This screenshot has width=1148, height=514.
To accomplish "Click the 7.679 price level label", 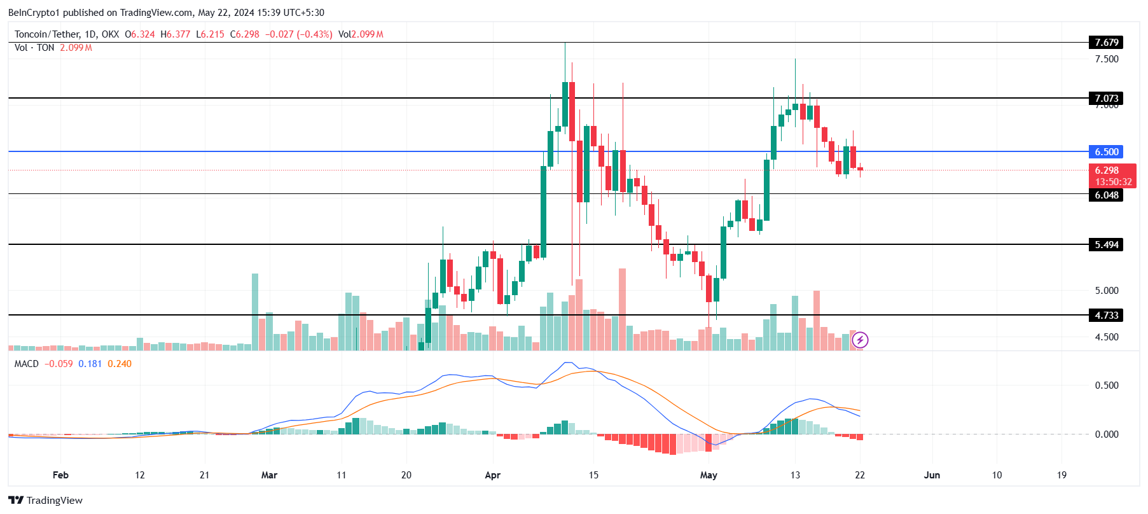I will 1106,43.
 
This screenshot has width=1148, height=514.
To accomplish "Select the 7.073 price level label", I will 1106,98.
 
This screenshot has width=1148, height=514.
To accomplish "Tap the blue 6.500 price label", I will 1106,152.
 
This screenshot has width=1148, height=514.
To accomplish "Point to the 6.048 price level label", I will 1106,195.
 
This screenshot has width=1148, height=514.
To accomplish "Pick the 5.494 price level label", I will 1106,245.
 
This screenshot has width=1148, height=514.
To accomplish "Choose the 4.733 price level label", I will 1106,316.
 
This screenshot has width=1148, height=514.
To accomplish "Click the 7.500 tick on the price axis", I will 1106,59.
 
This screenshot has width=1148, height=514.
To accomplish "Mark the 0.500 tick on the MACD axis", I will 1106,385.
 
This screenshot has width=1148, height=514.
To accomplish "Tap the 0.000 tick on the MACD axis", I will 1106,434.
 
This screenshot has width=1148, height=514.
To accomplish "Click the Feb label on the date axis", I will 60,475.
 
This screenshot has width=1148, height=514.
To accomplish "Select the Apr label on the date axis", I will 492,475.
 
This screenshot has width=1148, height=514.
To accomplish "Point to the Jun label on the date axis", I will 932,475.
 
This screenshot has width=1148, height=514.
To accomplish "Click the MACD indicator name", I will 27,364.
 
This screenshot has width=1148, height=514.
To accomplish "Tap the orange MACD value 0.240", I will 120,364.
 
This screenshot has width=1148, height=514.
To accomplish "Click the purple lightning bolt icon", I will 860,340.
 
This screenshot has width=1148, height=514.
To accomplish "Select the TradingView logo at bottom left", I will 46,500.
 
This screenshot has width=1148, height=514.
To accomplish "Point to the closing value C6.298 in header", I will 245,34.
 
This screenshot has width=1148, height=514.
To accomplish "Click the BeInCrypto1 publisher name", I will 34,13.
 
